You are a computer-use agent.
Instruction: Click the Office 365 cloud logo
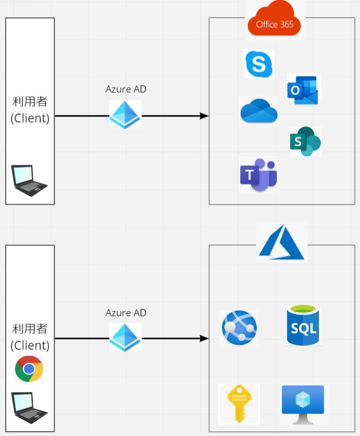(274, 20)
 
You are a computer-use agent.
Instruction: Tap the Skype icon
(258, 64)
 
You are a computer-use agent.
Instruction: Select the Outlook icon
(304, 89)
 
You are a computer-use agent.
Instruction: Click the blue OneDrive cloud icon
(259, 111)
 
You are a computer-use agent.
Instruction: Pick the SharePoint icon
(305, 141)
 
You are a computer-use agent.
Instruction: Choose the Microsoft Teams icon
(259, 174)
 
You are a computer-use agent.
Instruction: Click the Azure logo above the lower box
(282, 242)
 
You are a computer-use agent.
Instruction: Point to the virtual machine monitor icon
(303, 404)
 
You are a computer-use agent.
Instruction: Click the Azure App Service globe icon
(239, 328)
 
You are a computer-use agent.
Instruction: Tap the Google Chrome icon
(29, 369)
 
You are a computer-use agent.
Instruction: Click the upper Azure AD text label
(126, 89)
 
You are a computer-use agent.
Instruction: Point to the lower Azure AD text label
(126, 313)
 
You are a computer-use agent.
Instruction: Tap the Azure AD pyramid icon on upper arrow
(125, 115)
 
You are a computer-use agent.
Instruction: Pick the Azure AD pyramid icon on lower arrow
(125, 337)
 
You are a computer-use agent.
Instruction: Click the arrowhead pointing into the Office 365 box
(204, 116)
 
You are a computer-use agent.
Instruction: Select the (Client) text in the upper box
(30, 118)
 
